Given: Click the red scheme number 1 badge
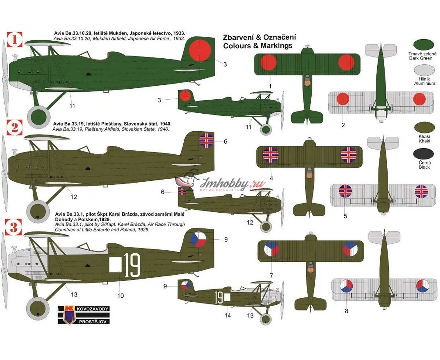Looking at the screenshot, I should pyautogui.click(x=15, y=40).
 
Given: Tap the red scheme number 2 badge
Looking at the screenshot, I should pyautogui.click(x=15, y=127).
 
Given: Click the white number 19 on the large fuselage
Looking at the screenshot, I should pyautogui.click(x=132, y=265).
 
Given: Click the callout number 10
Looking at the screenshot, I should pyautogui.click(x=121, y=295).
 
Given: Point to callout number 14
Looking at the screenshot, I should pyautogui.click(x=228, y=315).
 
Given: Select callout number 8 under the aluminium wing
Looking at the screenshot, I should pyautogui.click(x=346, y=311).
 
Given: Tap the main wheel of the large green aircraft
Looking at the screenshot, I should pyautogui.click(x=38, y=117).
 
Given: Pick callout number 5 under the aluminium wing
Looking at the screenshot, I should pyautogui.click(x=345, y=216).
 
